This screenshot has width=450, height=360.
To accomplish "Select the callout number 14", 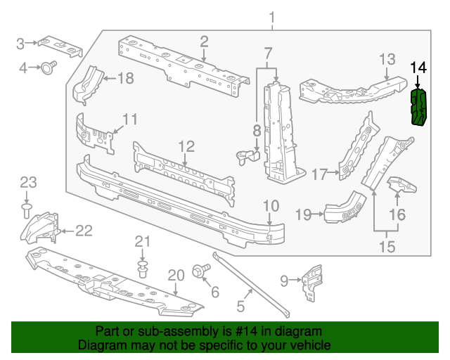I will [418, 68].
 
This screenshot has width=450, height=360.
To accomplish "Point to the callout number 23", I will [27, 183].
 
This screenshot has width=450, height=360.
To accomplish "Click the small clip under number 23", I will [27, 209].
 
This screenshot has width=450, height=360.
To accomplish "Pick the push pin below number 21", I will [143, 269].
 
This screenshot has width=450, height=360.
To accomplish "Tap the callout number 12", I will [185, 146].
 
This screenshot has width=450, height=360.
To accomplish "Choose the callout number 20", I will [176, 275].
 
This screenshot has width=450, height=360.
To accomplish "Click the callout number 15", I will [387, 247].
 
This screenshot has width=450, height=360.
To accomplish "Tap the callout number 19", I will [303, 214].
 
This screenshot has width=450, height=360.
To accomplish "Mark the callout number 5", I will [240, 306].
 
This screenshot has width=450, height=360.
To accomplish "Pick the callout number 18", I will [124, 79].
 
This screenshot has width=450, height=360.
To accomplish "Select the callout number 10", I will [271, 205].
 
